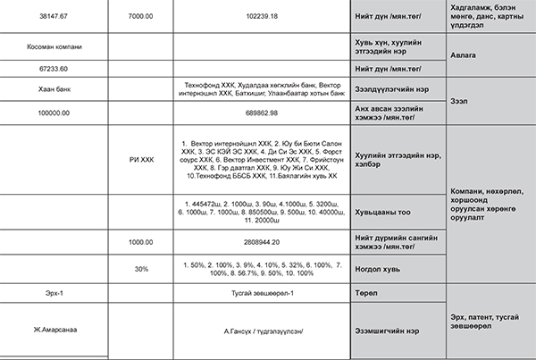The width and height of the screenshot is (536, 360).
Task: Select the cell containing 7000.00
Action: [x=140, y=16]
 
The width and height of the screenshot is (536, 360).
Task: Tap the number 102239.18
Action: [x=261, y=16]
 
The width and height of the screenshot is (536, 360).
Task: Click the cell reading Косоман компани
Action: [x=54, y=45]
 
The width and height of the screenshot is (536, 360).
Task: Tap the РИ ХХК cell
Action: [x=140, y=160]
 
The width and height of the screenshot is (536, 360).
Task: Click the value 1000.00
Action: [x=140, y=242]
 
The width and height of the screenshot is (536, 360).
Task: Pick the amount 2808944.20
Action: [x=261, y=242]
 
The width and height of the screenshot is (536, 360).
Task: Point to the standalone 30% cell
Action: [x=140, y=268]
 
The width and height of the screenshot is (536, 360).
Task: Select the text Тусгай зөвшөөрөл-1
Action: [x=261, y=293]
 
